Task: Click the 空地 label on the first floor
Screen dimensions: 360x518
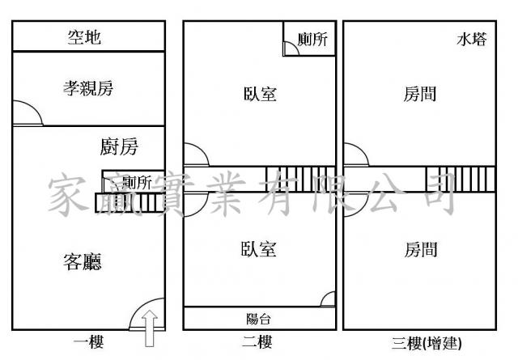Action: point(85,37)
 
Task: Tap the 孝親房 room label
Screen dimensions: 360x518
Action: point(88,89)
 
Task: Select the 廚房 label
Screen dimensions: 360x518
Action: point(119,147)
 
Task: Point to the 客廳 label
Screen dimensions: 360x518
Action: point(83,260)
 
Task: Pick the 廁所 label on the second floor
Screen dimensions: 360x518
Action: point(312,40)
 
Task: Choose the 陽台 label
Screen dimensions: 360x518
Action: point(258,318)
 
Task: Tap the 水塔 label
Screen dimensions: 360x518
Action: point(472,39)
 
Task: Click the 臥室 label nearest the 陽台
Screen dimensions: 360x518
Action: point(258,249)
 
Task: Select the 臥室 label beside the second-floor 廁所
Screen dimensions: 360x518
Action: point(260,94)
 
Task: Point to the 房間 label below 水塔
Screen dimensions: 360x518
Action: point(420,94)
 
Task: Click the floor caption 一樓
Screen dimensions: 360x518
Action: point(88,343)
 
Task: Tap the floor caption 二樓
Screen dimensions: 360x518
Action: point(258,343)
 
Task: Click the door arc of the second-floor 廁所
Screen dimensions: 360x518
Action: point(291,48)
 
